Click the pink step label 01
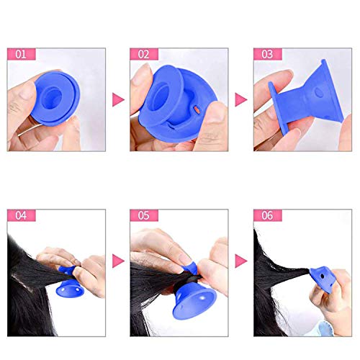(x=22, y=54)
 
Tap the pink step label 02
(x=144, y=54)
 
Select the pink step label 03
(x=268, y=54)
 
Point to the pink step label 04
(x=22, y=215)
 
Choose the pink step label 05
(x=144, y=215)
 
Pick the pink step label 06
(x=268, y=215)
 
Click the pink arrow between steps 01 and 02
(x=118, y=99)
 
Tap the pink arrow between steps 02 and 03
(x=241, y=99)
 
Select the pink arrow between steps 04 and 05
(x=118, y=261)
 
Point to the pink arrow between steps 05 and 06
(x=241, y=261)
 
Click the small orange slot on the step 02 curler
(x=197, y=109)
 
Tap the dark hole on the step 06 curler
(x=322, y=276)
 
